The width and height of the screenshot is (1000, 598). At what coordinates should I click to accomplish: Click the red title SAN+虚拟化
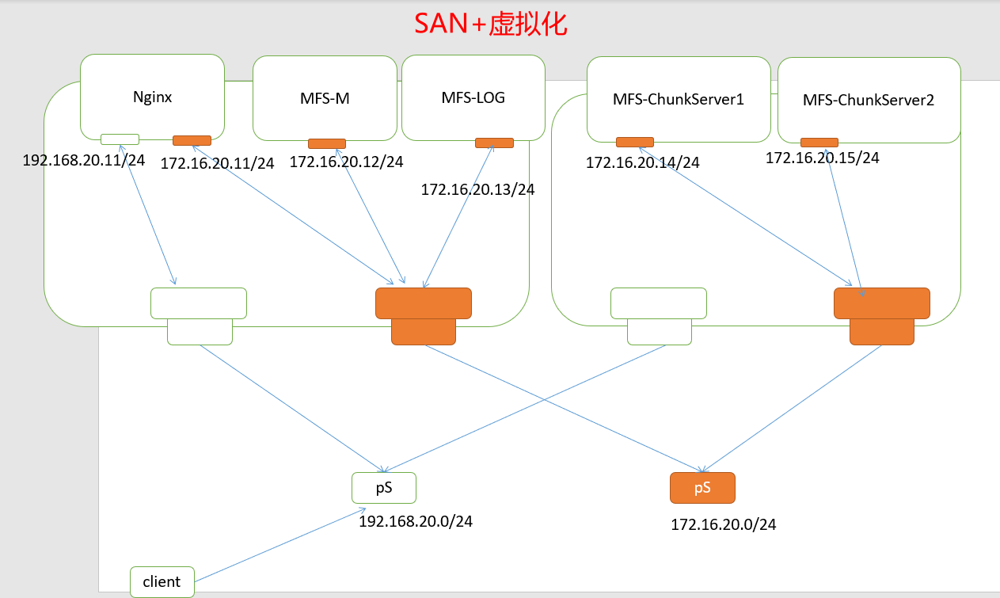tap(491, 25)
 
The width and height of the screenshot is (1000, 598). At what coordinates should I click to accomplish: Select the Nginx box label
tap(153, 97)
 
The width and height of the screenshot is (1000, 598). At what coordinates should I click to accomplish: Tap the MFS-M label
tap(325, 99)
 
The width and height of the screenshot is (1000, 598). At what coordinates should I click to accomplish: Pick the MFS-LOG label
tap(473, 98)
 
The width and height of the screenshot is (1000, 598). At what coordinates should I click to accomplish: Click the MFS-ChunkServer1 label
tap(679, 100)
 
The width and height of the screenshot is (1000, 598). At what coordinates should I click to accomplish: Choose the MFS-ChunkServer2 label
tap(869, 101)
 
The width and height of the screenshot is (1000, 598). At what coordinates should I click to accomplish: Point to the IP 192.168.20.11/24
tap(84, 160)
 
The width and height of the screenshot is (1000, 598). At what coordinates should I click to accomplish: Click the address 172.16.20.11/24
tap(217, 164)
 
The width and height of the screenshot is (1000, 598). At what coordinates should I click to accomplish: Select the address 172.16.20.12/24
tap(346, 162)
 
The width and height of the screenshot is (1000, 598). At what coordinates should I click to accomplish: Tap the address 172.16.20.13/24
tap(477, 190)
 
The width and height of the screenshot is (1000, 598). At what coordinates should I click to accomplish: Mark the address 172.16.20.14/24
tap(643, 163)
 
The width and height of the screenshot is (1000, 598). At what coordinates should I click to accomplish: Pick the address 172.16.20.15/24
tap(822, 158)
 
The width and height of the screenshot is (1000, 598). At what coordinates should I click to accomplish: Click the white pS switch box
tap(384, 488)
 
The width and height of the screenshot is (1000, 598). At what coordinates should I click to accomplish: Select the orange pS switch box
tap(702, 488)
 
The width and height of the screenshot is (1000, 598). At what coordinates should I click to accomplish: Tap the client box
tap(162, 581)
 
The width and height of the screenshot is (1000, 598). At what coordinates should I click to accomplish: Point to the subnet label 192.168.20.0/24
tap(416, 521)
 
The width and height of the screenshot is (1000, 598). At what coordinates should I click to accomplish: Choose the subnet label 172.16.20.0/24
tap(724, 524)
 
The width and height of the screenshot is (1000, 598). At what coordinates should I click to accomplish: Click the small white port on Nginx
tap(120, 139)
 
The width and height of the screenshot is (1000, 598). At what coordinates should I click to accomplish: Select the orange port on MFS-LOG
tap(494, 143)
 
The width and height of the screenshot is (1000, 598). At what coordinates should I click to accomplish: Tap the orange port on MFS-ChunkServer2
tap(819, 143)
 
